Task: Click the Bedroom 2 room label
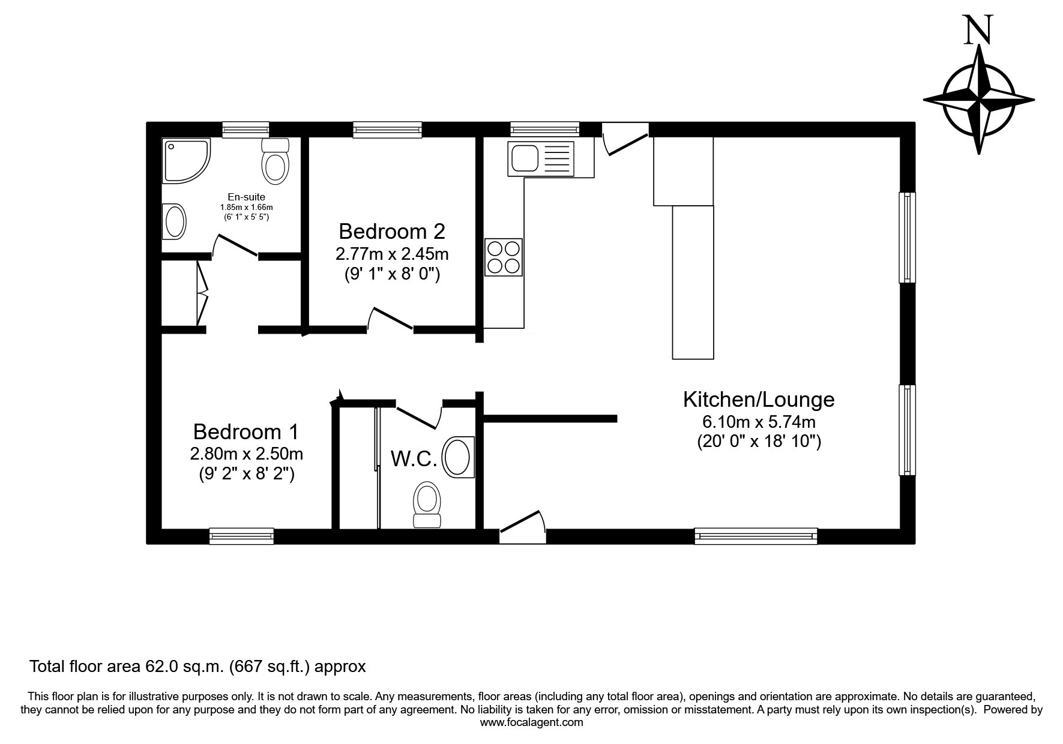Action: pyautogui.click(x=392, y=231)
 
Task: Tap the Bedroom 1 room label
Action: pyautogui.click(x=245, y=432)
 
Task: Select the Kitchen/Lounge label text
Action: pyautogui.click(x=759, y=400)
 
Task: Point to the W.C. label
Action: pyautogui.click(x=414, y=459)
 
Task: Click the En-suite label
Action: pyautogui.click(x=246, y=197)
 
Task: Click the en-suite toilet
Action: pyautogui.click(x=276, y=160)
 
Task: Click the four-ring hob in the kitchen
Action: pyautogui.click(x=503, y=257)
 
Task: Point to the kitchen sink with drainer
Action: pyautogui.click(x=541, y=158)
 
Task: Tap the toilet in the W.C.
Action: pyautogui.click(x=427, y=505)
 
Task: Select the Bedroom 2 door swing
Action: pyautogui.click(x=390, y=318)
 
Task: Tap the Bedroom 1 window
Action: pyautogui.click(x=241, y=536)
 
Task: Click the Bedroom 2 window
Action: pyautogui.click(x=387, y=130)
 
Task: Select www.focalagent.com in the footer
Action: pyautogui.click(x=531, y=722)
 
